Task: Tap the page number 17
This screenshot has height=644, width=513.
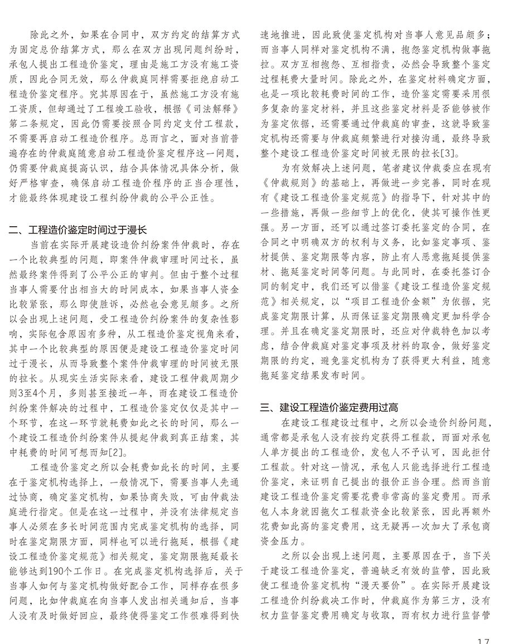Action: [483, 640]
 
